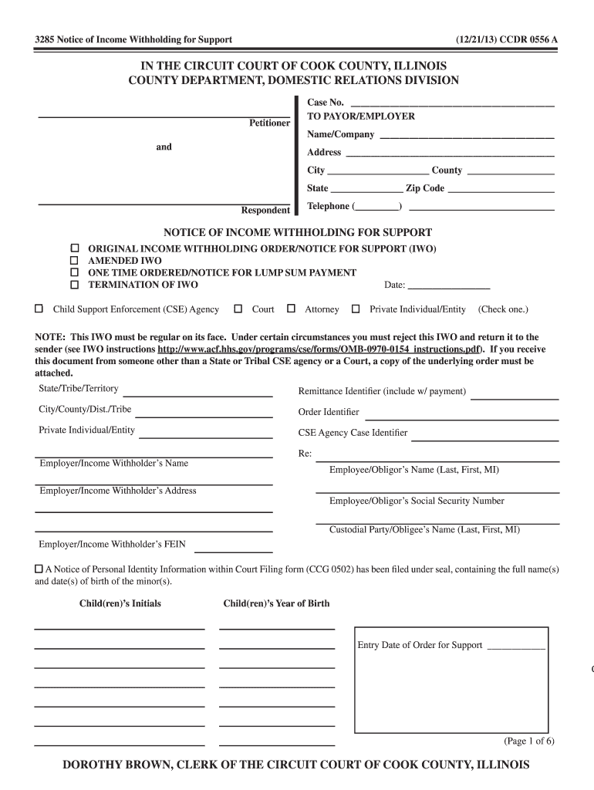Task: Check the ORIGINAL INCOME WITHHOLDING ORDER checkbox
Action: [x=75, y=249]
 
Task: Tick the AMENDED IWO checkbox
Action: [x=75, y=261]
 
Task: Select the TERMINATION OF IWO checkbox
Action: [x=75, y=285]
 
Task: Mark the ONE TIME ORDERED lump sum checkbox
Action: [x=75, y=272]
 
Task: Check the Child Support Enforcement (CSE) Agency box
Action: [x=39, y=309]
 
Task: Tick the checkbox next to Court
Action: [x=238, y=309]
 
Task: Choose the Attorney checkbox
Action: [x=291, y=309]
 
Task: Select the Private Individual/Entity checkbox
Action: [x=356, y=309]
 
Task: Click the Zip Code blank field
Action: [x=501, y=189]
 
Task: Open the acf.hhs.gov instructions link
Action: [x=315, y=349]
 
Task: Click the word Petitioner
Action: [x=269, y=123]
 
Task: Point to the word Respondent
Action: [x=265, y=210]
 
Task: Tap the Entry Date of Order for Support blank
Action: [x=516, y=647]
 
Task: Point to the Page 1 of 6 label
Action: [x=528, y=741]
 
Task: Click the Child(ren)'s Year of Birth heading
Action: [x=276, y=603]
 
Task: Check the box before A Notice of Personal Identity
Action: [x=39, y=569]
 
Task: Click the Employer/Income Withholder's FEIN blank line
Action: [x=234, y=549]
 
